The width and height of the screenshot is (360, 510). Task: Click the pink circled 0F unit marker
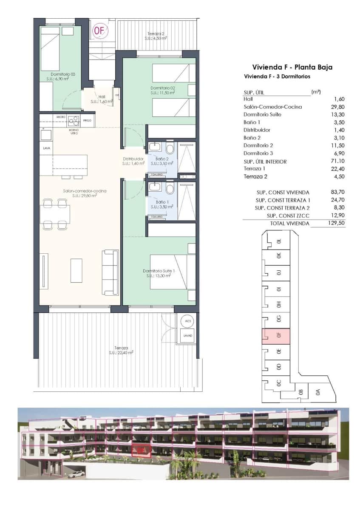pos(100,30)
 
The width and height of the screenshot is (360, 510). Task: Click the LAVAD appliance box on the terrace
pos(187,335)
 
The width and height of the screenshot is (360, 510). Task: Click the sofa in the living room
pos(110,272)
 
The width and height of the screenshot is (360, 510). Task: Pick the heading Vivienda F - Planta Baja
pos(292,67)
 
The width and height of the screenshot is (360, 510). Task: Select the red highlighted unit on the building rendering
pos(142,449)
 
